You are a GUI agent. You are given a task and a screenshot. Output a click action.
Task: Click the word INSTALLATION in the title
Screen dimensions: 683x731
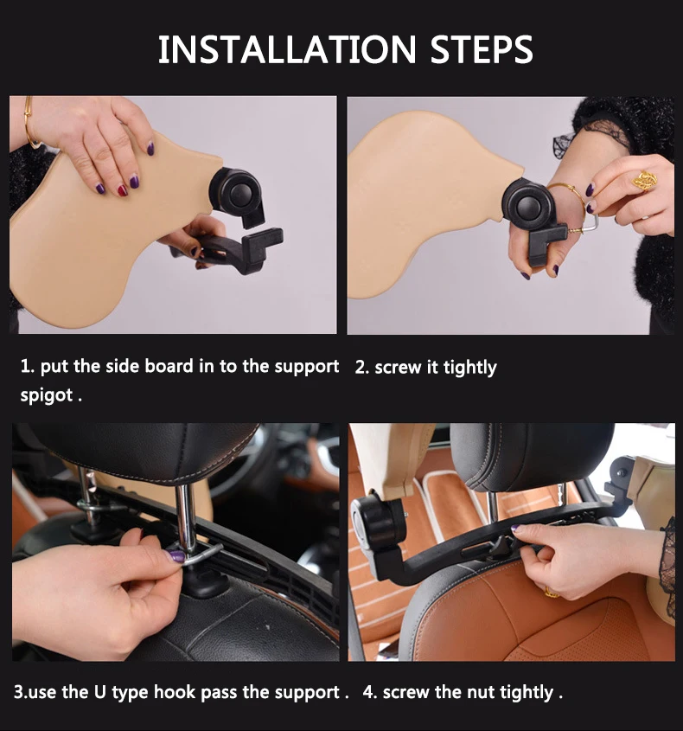tap(286, 49)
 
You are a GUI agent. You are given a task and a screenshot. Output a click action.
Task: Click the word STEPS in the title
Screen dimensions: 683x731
tap(482, 49)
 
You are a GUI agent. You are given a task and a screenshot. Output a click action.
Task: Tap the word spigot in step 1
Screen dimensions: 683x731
tap(47, 396)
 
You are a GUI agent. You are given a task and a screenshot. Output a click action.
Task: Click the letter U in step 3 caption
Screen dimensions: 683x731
tap(100, 691)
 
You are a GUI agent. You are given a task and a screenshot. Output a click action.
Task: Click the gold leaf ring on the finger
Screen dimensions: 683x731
tap(645, 181)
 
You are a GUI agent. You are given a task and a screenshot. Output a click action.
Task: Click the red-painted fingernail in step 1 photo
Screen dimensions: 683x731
tap(123, 190)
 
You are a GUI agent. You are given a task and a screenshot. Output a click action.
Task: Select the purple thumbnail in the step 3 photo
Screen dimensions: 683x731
tap(176, 555)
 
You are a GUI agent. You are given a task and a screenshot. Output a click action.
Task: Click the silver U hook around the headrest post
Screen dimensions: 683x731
tap(198, 553)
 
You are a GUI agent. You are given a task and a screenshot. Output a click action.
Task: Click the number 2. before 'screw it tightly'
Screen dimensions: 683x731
tap(362, 368)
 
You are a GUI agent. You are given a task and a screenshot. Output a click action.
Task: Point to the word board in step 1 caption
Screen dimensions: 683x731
tap(169, 366)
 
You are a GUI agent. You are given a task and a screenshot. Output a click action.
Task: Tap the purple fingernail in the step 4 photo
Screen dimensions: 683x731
tap(516, 529)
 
